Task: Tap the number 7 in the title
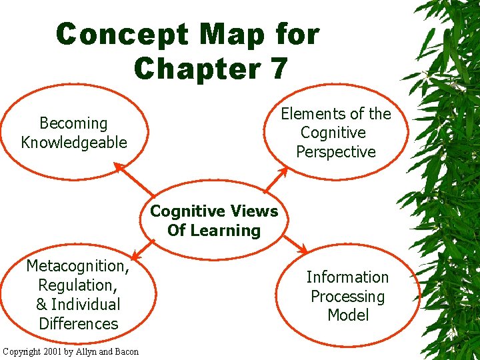[277, 67]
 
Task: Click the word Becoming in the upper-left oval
[73, 123]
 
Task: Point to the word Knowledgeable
[73, 142]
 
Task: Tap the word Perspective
[336, 152]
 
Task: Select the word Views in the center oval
[254, 211]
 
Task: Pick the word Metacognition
[77, 267]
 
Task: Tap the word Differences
[78, 324]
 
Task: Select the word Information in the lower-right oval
[347, 277]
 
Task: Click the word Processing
[347, 297]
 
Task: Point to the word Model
[348, 315]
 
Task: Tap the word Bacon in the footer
[125, 351]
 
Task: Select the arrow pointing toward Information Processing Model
[293, 243]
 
